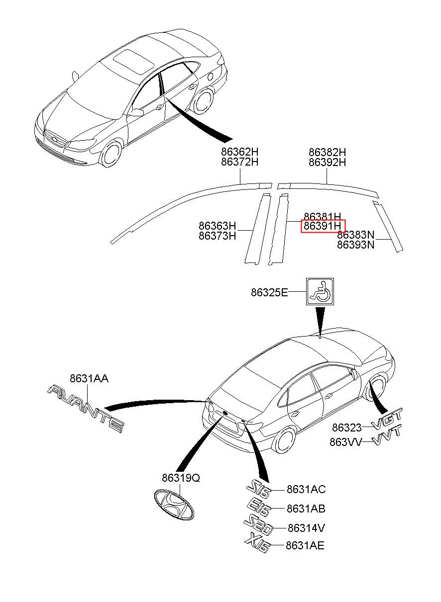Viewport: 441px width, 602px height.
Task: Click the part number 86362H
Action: pyautogui.click(x=240, y=153)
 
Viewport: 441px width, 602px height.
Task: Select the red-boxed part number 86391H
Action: pyautogui.click(x=323, y=227)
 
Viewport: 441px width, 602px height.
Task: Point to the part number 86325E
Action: pyautogui.click(x=269, y=293)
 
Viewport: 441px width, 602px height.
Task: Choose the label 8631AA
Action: pyautogui.click(x=89, y=379)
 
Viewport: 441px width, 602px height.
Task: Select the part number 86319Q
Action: pyautogui.click(x=181, y=478)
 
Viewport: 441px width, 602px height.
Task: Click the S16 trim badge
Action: pyautogui.click(x=260, y=490)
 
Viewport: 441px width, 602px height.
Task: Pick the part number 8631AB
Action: pyautogui.click(x=306, y=509)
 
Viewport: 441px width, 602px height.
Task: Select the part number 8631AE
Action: pyautogui.click(x=305, y=546)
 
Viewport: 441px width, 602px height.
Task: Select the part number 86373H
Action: pyautogui.click(x=217, y=236)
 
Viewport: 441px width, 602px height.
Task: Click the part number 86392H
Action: pyautogui.click(x=327, y=163)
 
